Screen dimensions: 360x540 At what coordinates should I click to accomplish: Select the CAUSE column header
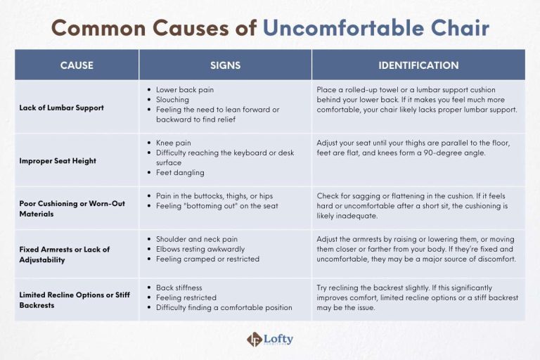(76, 65)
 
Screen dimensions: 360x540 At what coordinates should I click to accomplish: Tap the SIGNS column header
(225, 65)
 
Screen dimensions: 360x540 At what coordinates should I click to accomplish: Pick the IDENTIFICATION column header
(418, 65)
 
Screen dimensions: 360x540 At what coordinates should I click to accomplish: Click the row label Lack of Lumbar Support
(62, 108)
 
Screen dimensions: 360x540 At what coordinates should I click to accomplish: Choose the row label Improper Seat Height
(58, 161)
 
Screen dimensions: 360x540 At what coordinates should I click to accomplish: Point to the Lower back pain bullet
(185, 90)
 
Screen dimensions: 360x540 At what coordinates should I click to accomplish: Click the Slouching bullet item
(172, 100)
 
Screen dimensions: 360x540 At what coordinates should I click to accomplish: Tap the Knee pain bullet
(173, 143)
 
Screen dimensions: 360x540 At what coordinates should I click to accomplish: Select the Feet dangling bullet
(180, 172)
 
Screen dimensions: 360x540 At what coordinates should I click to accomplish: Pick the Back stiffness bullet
(180, 288)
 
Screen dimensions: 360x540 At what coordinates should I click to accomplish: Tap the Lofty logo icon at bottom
(254, 340)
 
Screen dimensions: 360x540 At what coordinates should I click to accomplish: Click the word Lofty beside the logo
(279, 339)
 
